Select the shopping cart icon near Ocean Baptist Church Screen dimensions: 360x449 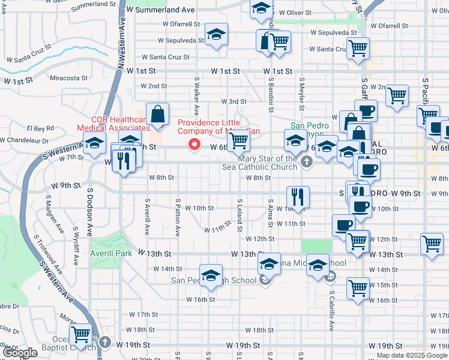80,334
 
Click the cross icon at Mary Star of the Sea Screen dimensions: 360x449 307,161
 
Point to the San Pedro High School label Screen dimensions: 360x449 214,280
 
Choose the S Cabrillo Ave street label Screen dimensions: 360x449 331,312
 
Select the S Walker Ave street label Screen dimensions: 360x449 196,96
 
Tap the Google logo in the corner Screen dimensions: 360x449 20,353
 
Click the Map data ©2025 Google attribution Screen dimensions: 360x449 411,355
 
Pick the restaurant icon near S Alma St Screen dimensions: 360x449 298,196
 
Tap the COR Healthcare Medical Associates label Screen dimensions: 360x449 112,124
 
